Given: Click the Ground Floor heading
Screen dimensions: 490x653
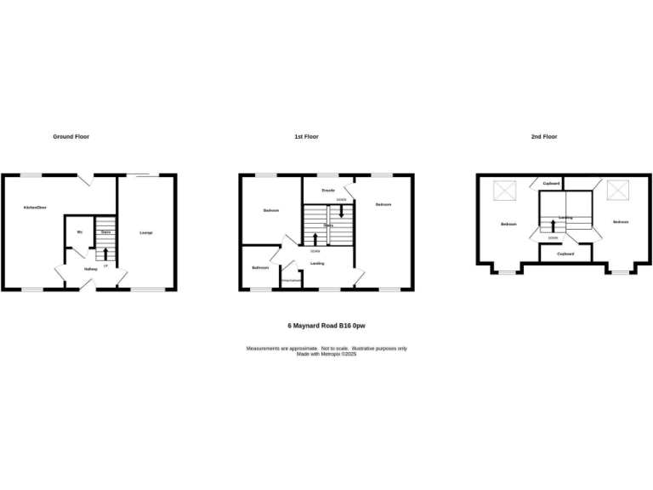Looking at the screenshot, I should point(71,137).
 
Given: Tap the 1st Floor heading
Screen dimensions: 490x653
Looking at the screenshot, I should point(306,137).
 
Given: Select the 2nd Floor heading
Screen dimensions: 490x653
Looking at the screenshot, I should point(544,137).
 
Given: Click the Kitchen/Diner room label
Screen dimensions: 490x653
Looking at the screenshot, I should point(35,208).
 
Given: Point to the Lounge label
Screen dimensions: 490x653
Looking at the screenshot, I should point(146,232).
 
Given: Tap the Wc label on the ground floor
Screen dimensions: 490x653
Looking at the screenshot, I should point(79,231).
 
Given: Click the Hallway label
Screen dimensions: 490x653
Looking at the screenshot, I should point(90,269).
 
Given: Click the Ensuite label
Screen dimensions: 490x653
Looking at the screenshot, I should point(327,191).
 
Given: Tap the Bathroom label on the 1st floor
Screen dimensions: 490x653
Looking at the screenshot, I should point(260,268).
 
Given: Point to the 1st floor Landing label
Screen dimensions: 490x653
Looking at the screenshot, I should point(317,263).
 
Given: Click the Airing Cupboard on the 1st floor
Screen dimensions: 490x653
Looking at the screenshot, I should point(292,280).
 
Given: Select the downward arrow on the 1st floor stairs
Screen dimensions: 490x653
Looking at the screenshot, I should point(341,210).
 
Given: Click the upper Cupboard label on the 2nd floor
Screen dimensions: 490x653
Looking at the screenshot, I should point(551,184).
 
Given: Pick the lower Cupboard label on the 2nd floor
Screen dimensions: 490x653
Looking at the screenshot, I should point(565,254).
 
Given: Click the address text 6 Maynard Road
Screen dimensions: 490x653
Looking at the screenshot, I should point(326,326).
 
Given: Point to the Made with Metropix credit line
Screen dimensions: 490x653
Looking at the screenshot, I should point(326,354).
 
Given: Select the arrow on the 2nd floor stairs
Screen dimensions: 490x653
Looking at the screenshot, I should point(554,226).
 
